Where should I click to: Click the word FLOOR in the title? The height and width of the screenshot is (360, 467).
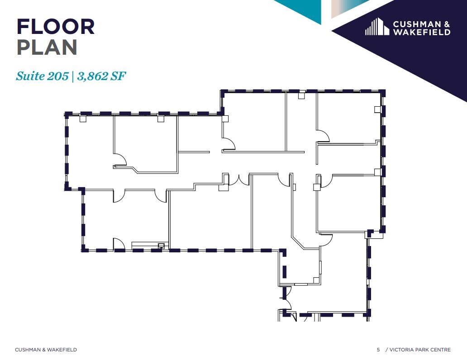pyautogui.click(x=55, y=27)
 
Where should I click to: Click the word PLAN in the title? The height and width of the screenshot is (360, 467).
pyautogui.click(x=47, y=47)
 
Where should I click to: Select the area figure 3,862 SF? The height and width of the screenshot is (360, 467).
pyautogui.click(x=101, y=76)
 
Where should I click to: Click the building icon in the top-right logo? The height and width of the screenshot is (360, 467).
pyautogui.click(x=377, y=27)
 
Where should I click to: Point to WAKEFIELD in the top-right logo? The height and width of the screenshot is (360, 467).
pyautogui.click(x=421, y=32)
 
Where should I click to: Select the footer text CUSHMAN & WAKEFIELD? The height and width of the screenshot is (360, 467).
pyautogui.click(x=46, y=350)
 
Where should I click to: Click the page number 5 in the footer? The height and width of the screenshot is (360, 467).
pyautogui.click(x=378, y=350)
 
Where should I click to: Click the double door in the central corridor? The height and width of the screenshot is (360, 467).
pyautogui.click(x=239, y=180)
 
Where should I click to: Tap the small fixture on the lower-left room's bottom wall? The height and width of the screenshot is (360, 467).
pyautogui.click(x=160, y=246)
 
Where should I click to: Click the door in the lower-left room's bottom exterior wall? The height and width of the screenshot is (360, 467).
pyautogui.click(x=119, y=245)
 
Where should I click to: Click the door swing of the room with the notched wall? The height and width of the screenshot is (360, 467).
pyautogui.click(x=120, y=160)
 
